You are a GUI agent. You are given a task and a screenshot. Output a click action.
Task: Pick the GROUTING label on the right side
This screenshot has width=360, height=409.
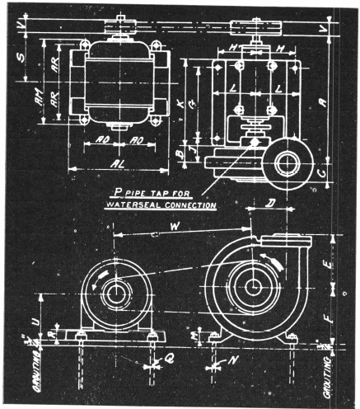pyautogui.click(x=335, y=369)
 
